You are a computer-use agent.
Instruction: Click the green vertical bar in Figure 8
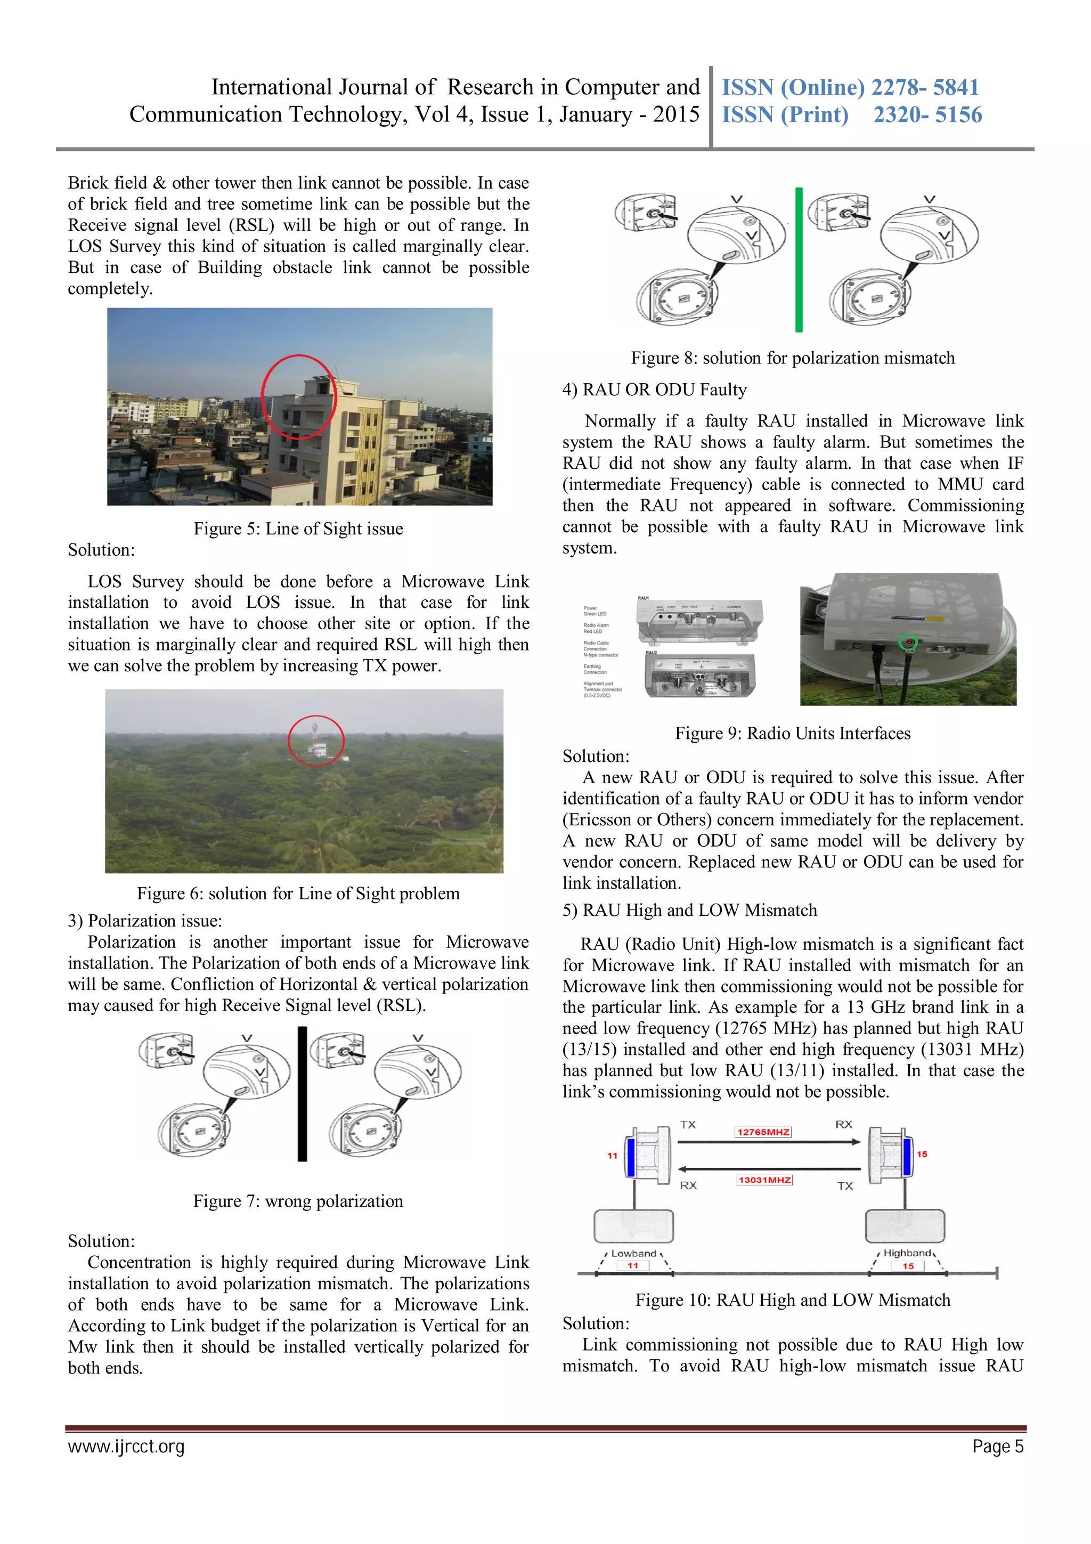tap(799, 260)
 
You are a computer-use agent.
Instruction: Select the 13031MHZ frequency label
tap(764, 1180)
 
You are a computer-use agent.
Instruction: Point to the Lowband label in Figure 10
tap(633, 1254)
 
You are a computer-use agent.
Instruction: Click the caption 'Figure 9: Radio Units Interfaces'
tap(793, 733)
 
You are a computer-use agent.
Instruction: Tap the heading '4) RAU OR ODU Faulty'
tap(654, 390)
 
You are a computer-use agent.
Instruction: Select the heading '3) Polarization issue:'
tap(144, 921)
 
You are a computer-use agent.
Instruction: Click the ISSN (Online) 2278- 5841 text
tap(850, 87)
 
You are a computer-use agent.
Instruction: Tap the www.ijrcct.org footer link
tap(126, 1447)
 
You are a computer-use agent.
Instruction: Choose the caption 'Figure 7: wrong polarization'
tap(298, 1201)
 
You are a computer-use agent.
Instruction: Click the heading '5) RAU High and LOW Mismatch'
tap(690, 911)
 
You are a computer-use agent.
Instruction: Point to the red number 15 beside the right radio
tap(922, 1154)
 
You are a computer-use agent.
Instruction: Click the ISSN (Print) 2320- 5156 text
tap(851, 115)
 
